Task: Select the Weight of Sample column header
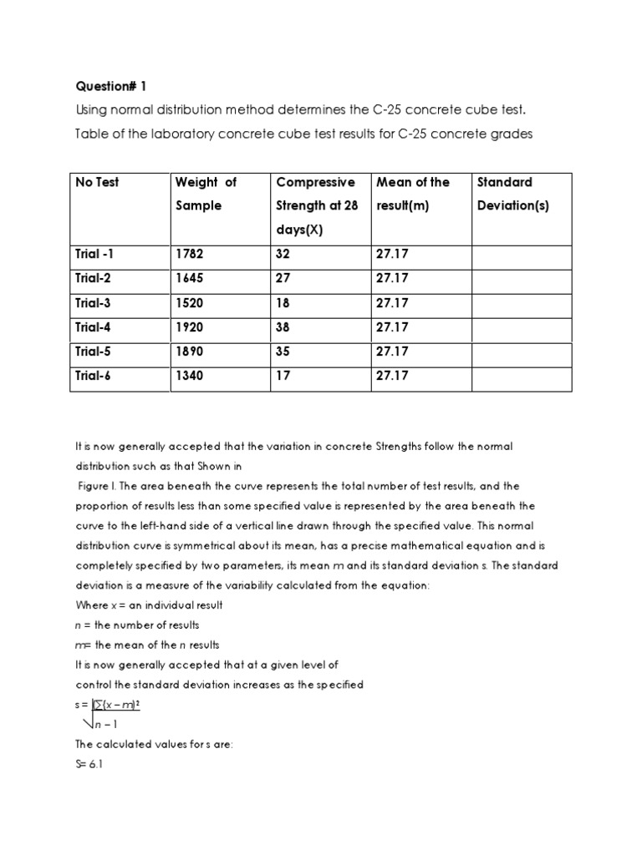[205, 194]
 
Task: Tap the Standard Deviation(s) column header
[512, 194]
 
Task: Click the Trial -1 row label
[99, 254]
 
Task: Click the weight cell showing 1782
[189, 254]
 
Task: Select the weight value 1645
[189, 278]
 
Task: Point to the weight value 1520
[189, 303]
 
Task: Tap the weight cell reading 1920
[189, 327]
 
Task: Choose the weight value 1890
[189, 352]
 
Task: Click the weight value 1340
[189, 377]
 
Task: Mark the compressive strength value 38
[283, 327]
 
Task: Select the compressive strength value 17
[283, 377]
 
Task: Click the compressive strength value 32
[283, 254]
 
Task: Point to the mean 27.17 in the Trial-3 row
[393, 303]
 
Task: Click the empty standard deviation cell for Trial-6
[522, 377]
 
